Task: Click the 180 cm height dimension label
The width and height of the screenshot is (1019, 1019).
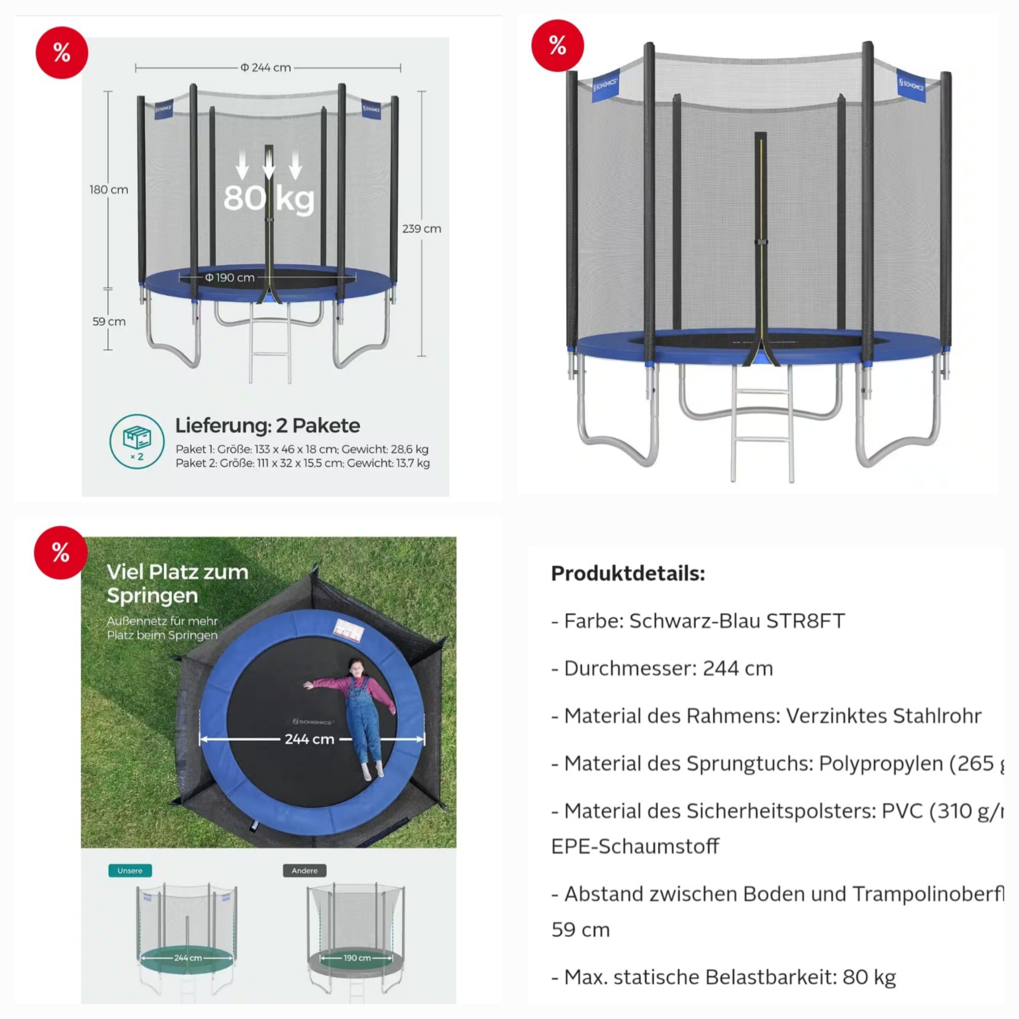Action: (109, 189)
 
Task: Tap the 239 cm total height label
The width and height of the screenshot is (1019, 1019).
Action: (422, 229)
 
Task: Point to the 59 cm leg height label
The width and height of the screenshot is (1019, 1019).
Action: (109, 321)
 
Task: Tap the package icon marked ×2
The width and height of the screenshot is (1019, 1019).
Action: (137, 441)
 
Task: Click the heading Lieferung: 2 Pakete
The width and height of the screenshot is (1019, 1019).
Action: (267, 425)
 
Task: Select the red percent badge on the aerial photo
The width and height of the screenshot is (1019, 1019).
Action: (60, 552)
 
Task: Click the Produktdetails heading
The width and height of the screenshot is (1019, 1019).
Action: (628, 573)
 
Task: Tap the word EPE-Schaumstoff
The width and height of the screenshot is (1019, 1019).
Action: (634, 846)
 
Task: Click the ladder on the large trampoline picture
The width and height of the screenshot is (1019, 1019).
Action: (761, 422)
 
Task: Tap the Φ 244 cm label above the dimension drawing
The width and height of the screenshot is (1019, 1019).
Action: (266, 68)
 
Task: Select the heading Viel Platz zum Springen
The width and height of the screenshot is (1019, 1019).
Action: (177, 584)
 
